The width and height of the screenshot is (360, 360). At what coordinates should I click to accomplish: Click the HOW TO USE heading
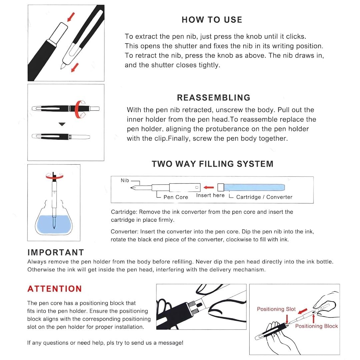click(212, 20)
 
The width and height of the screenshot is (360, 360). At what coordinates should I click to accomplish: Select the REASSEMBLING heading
click(214, 98)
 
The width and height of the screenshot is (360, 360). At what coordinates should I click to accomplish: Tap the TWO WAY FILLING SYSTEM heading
click(212, 164)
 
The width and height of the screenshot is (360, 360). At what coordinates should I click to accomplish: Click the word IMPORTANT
click(56, 252)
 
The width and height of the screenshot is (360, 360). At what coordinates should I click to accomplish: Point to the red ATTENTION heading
click(55, 289)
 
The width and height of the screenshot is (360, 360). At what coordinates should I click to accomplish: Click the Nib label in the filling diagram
click(125, 180)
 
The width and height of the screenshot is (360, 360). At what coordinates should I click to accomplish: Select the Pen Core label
click(176, 197)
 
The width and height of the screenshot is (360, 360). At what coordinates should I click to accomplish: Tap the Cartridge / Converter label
click(264, 197)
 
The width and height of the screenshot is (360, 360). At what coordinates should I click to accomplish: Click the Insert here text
click(210, 195)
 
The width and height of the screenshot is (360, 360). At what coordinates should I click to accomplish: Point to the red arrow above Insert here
click(209, 187)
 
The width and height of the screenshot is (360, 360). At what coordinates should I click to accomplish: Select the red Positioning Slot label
click(276, 309)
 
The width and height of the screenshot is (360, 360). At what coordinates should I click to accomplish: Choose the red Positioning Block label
click(316, 326)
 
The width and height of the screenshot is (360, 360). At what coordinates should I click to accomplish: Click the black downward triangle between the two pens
click(62, 124)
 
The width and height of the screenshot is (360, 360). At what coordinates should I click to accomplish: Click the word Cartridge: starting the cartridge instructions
click(124, 212)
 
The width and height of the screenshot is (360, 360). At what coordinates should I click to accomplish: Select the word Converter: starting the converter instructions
click(125, 231)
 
